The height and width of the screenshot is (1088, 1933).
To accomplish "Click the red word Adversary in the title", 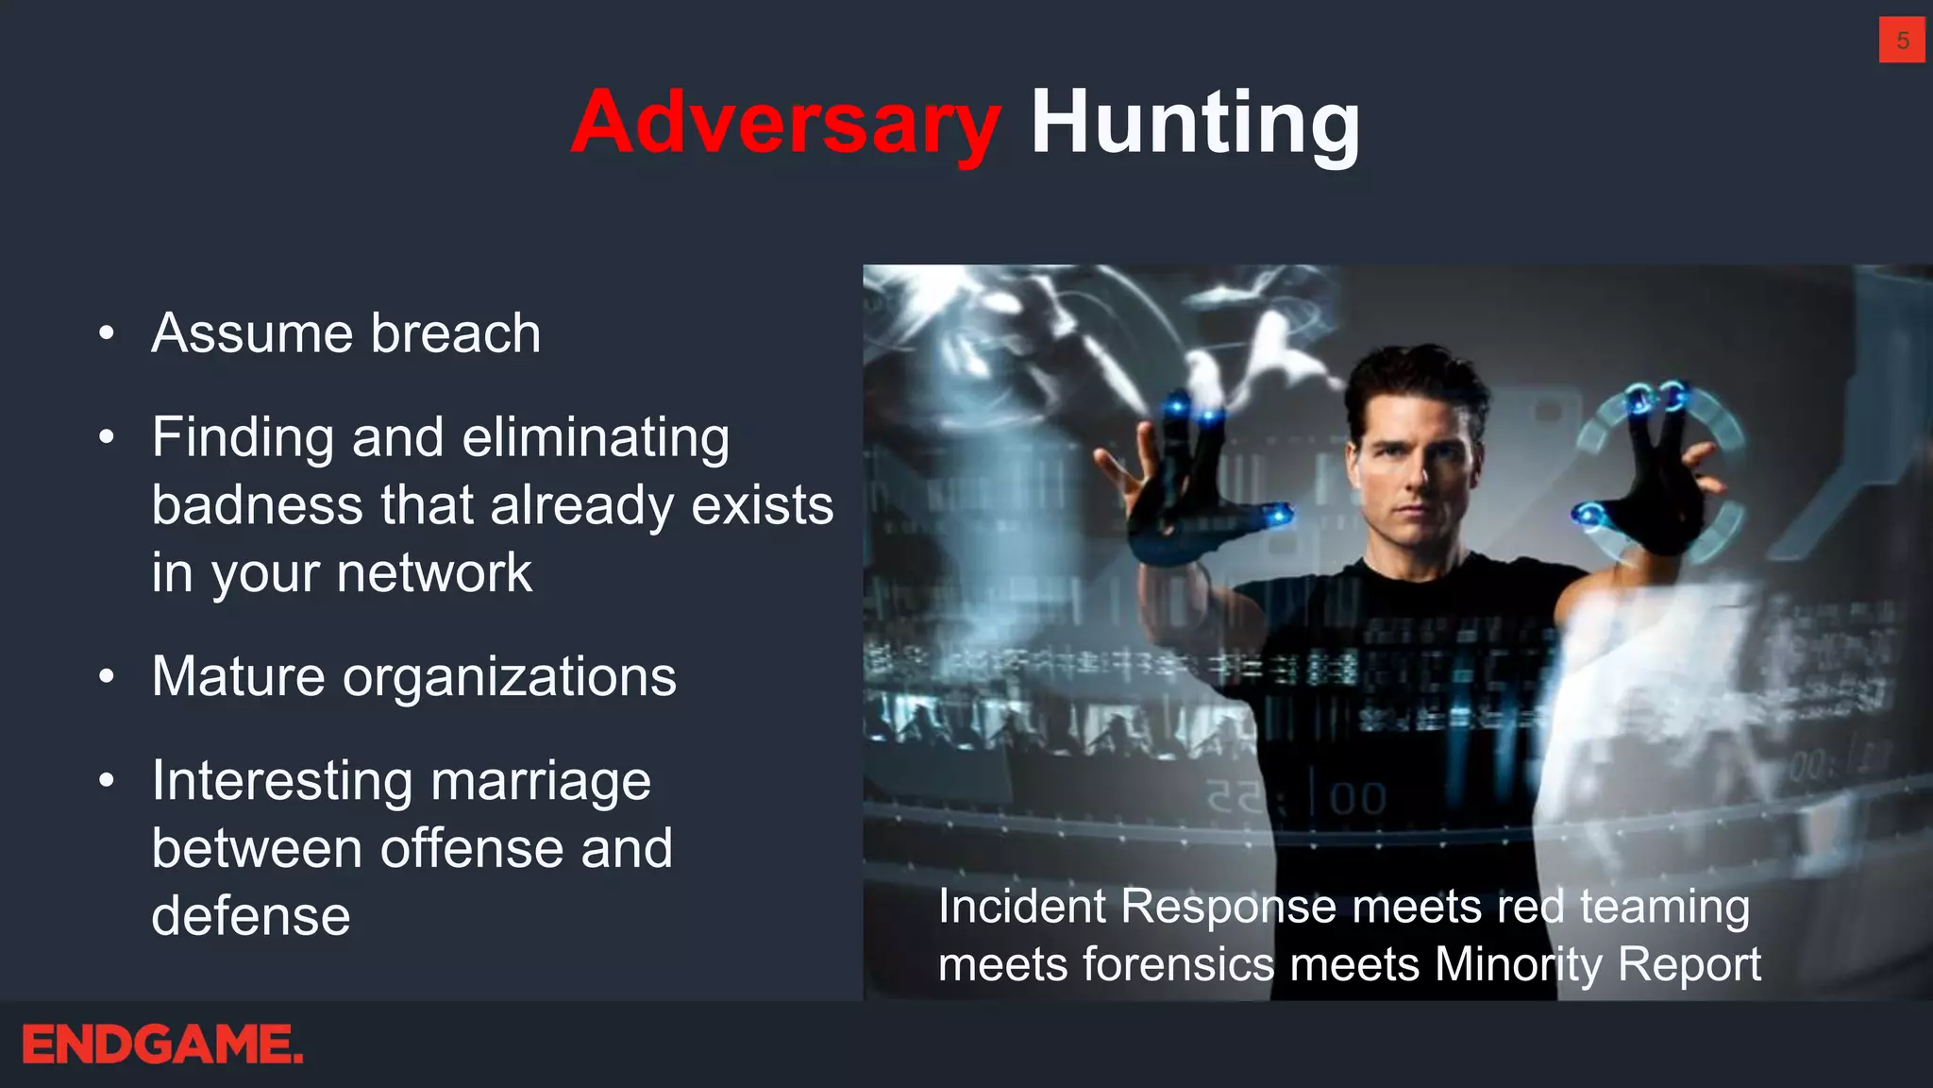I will pos(785,124).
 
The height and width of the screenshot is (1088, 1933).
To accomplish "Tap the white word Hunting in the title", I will pos(1194,124).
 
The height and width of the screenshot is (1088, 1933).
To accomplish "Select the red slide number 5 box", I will pos(1902,41).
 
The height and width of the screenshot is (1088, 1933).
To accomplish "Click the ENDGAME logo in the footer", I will pos(162,1045).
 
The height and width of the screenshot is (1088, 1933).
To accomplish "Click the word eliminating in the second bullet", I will pos(596,438).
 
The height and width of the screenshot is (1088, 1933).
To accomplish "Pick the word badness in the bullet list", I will pos(257,505).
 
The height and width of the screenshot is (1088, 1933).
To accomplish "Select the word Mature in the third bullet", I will pos(239,677).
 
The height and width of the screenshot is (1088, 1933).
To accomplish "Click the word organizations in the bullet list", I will pos(510,677).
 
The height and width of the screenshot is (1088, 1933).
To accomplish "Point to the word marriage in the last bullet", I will pos(541,782).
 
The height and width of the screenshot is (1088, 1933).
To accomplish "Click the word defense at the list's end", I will pos(251,916).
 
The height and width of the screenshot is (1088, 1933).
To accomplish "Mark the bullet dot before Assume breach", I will pos(107,333).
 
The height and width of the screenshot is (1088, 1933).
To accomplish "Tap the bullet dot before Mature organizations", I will pos(107,677).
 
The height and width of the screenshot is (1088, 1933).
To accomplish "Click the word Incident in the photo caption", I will pos(1021,907).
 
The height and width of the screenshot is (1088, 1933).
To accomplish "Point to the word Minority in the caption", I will pos(1518,965).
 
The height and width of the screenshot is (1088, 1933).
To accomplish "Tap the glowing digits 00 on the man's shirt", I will pos(1357,799).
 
